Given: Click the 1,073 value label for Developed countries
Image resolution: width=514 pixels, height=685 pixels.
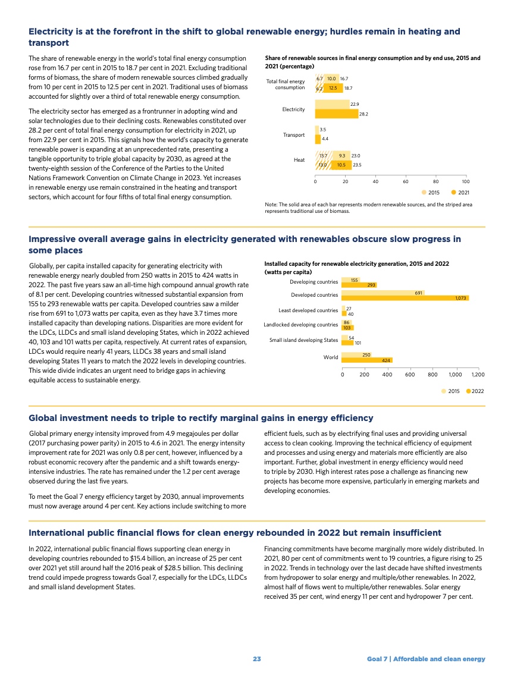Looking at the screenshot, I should [x=460, y=298].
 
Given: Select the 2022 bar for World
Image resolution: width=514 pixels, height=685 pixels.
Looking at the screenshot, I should [x=367, y=360].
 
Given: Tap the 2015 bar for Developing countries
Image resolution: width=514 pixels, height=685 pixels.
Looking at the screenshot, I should [x=351, y=279].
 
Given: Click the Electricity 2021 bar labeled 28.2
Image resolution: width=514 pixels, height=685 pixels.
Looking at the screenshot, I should [x=336, y=114].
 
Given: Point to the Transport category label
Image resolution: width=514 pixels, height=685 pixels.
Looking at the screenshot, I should [x=294, y=135].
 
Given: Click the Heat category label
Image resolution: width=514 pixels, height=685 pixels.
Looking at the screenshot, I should [x=299, y=160].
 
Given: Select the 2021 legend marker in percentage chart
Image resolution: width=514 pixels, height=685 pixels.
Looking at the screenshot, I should [x=453, y=192].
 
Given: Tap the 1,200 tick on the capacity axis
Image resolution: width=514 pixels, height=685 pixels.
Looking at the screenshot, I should [x=478, y=375].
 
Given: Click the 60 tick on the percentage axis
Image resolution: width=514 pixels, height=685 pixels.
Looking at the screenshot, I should [x=405, y=182].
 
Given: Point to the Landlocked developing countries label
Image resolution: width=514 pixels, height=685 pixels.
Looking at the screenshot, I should [x=301, y=325].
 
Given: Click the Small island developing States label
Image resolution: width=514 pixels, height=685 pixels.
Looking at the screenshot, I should [x=303, y=340].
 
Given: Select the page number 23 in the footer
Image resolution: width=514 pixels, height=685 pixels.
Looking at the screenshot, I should [x=256, y=659].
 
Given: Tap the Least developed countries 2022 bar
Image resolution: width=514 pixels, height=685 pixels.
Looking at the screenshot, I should [x=344, y=313].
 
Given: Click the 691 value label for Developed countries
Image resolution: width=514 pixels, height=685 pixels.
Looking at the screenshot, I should [x=418, y=292].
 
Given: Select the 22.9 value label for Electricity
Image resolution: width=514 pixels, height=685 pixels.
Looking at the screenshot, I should [x=355, y=104].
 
